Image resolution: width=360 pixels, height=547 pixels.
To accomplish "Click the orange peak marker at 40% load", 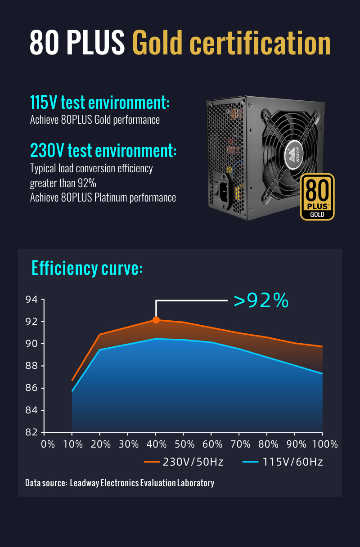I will (156, 320).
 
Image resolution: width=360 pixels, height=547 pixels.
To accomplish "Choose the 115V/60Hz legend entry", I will (283, 462).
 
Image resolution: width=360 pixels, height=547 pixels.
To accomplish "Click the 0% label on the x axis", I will (48, 444).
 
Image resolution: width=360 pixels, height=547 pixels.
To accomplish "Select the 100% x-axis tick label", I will (324, 444).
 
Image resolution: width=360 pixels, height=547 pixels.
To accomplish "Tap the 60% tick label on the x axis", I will (212, 444).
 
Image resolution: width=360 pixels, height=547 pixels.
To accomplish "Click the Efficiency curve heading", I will (87, 268).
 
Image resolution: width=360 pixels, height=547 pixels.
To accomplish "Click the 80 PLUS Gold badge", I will (317, 197).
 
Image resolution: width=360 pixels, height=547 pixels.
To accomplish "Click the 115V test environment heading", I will (99, 103).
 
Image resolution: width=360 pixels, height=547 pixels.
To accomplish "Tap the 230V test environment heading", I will (103, 150).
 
